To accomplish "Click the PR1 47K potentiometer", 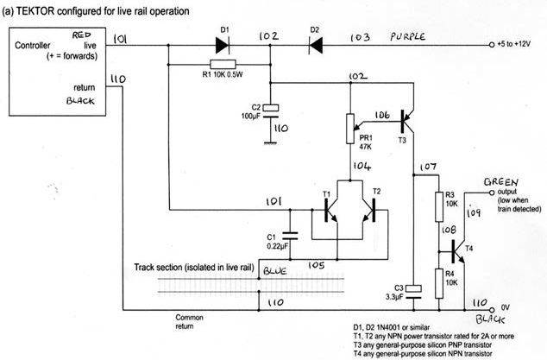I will [x=350, y=129].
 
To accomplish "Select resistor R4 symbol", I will [x=439, y=281].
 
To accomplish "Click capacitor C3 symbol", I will [x=413, y=291].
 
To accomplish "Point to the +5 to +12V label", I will [x=521, y=42].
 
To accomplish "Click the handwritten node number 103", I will [x=361, y=39].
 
